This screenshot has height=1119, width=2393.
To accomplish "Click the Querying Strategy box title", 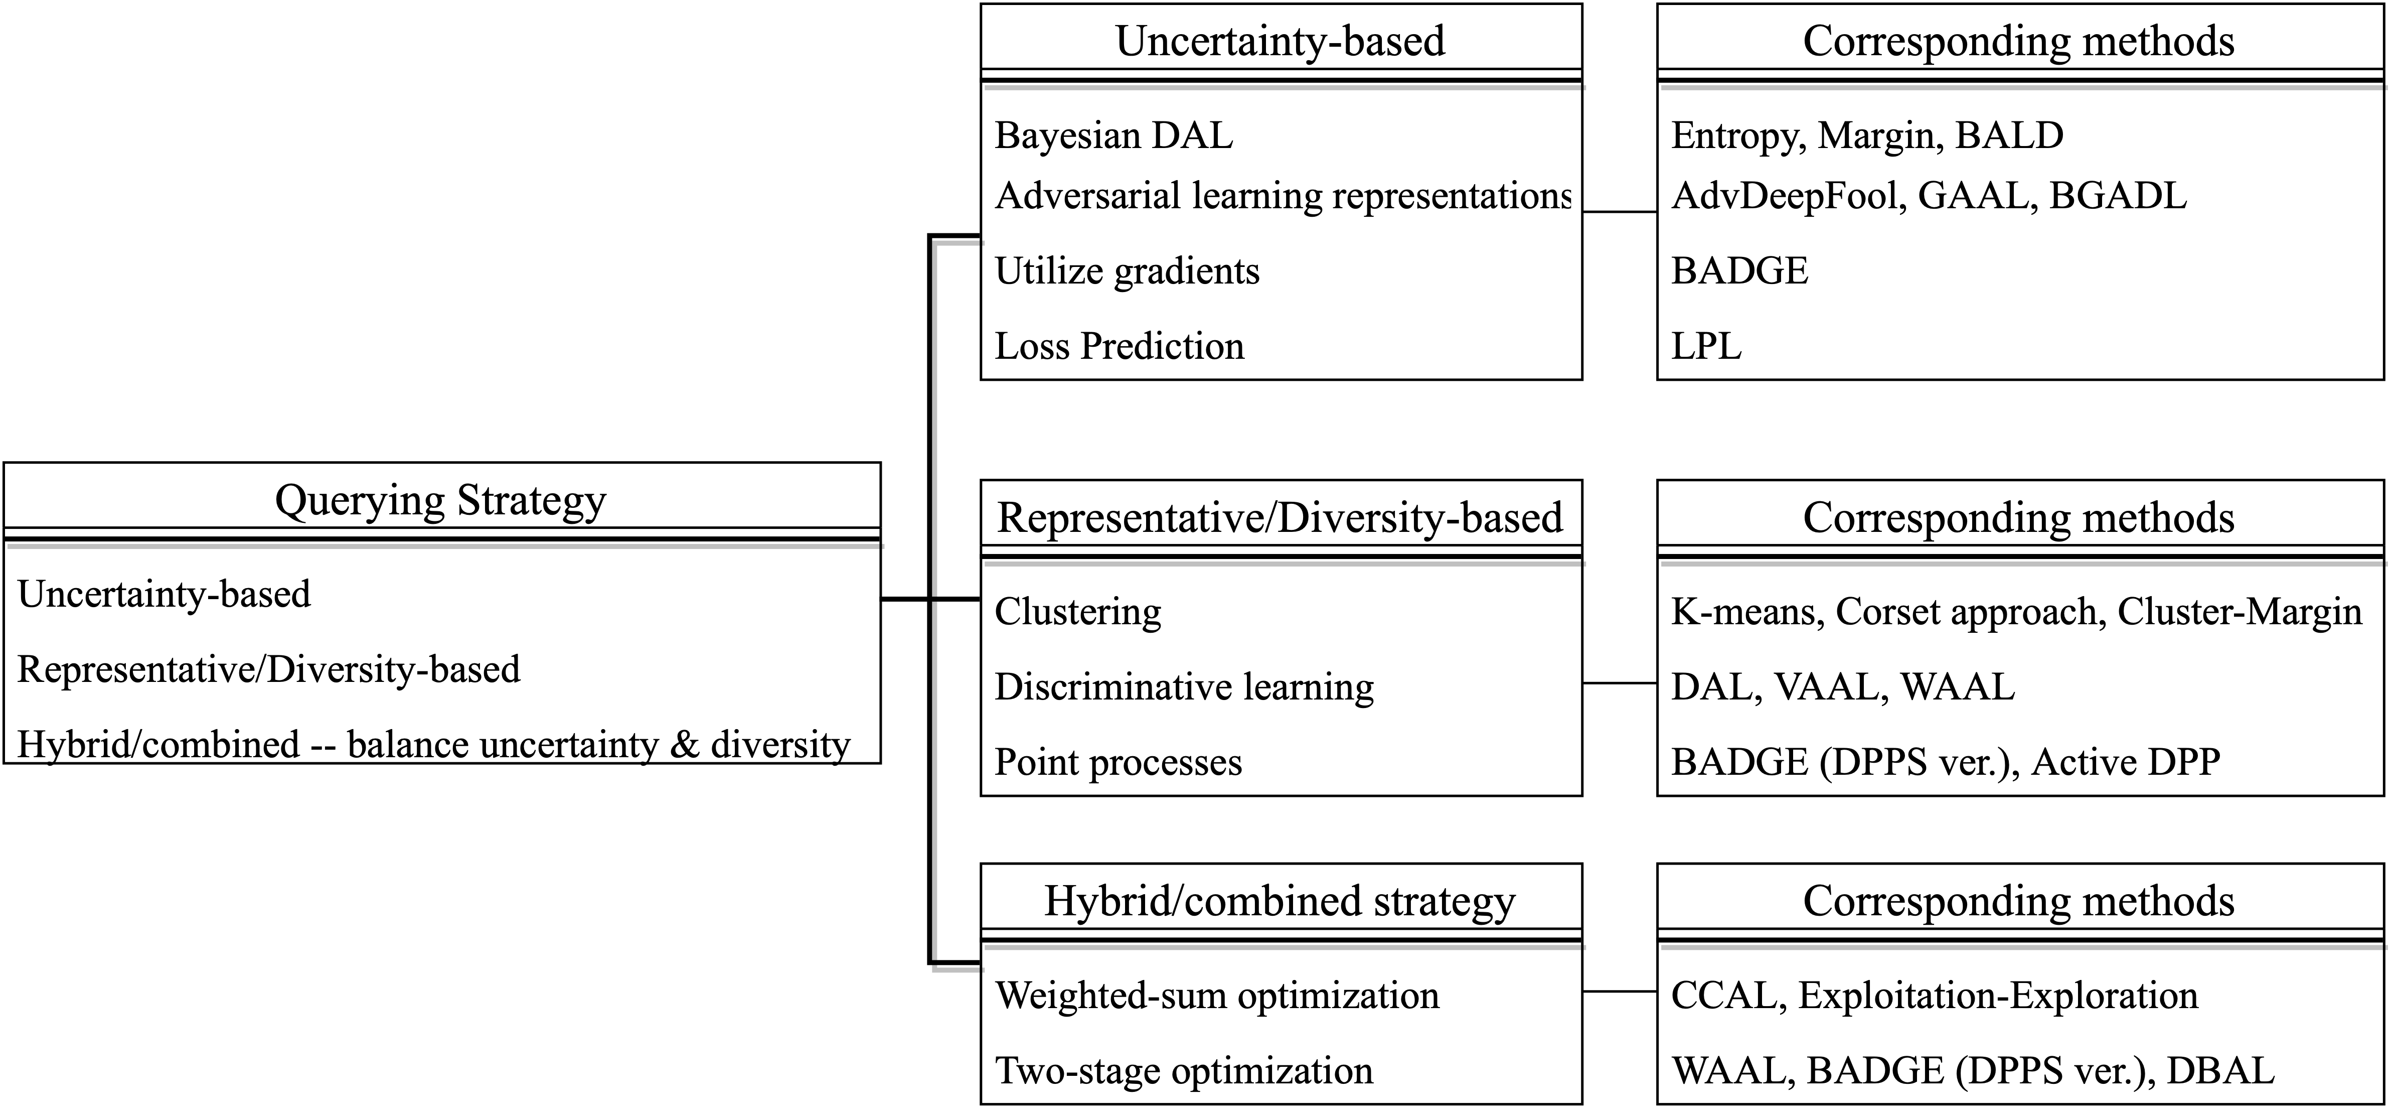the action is [x=440, y=501].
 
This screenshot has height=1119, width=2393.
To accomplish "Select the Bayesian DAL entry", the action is [x=1114, y=135].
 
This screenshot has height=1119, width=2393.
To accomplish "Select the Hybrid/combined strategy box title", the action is [x=1280, y=902].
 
